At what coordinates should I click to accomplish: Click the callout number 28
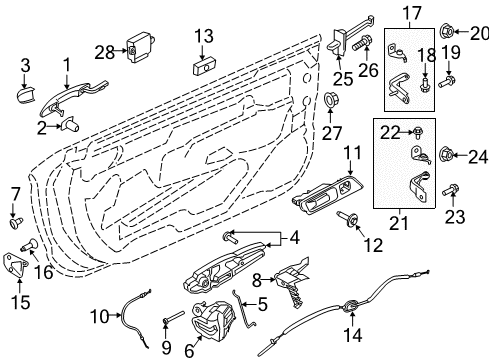coord(105,50)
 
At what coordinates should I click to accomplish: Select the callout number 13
coord(204,37)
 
